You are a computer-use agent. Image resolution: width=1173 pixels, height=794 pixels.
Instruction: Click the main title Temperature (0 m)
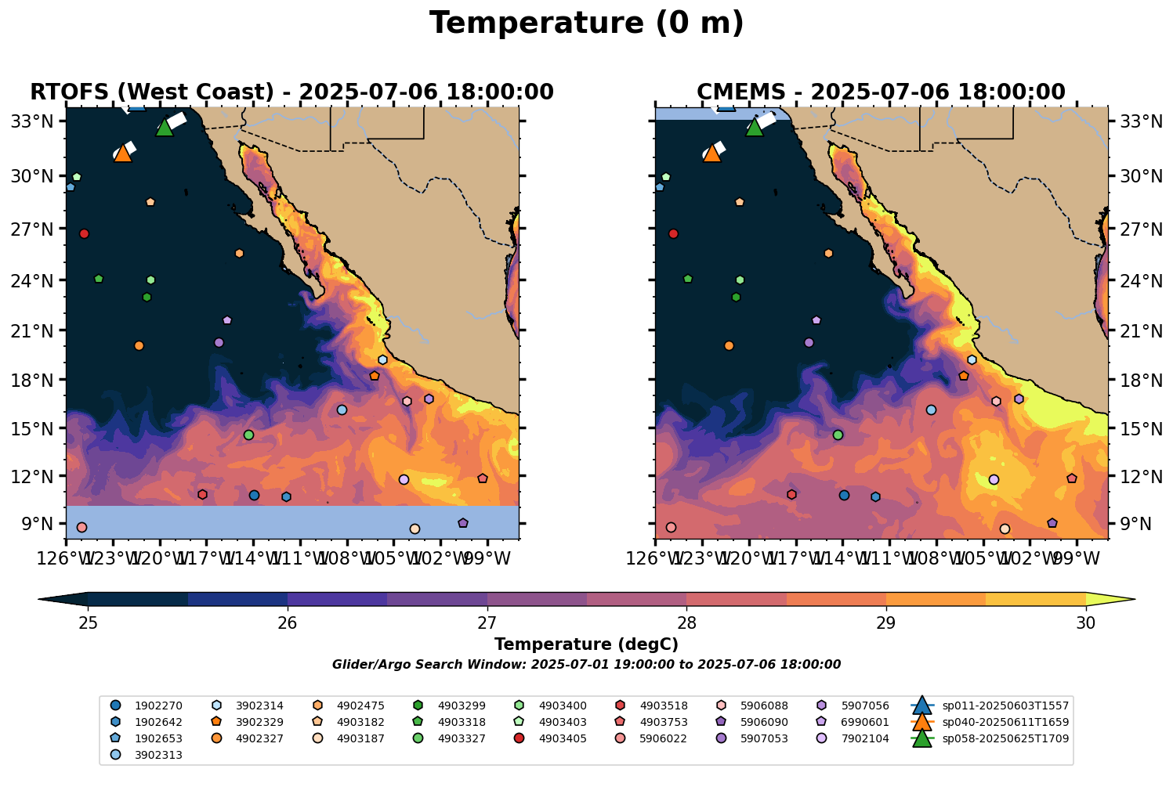(x=586, y=23)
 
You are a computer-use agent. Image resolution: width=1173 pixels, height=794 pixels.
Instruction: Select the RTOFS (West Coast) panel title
(x=291, y=92)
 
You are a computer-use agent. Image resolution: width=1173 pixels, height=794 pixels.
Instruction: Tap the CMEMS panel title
(x=881, y=92)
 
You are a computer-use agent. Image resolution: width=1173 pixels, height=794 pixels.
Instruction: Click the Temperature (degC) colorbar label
(x=586, y=644)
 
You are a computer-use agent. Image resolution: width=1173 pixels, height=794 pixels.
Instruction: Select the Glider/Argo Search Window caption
(x=586, y=665)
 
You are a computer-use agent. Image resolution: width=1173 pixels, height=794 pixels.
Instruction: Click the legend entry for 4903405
(x=563, y=738)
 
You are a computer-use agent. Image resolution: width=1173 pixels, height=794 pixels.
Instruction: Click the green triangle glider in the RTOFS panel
(x=165, y=128)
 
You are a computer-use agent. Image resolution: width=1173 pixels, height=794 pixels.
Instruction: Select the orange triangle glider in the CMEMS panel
(x=712, y=153)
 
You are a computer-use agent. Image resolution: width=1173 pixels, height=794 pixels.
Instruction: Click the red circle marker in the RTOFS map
(x=84, y=233)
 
